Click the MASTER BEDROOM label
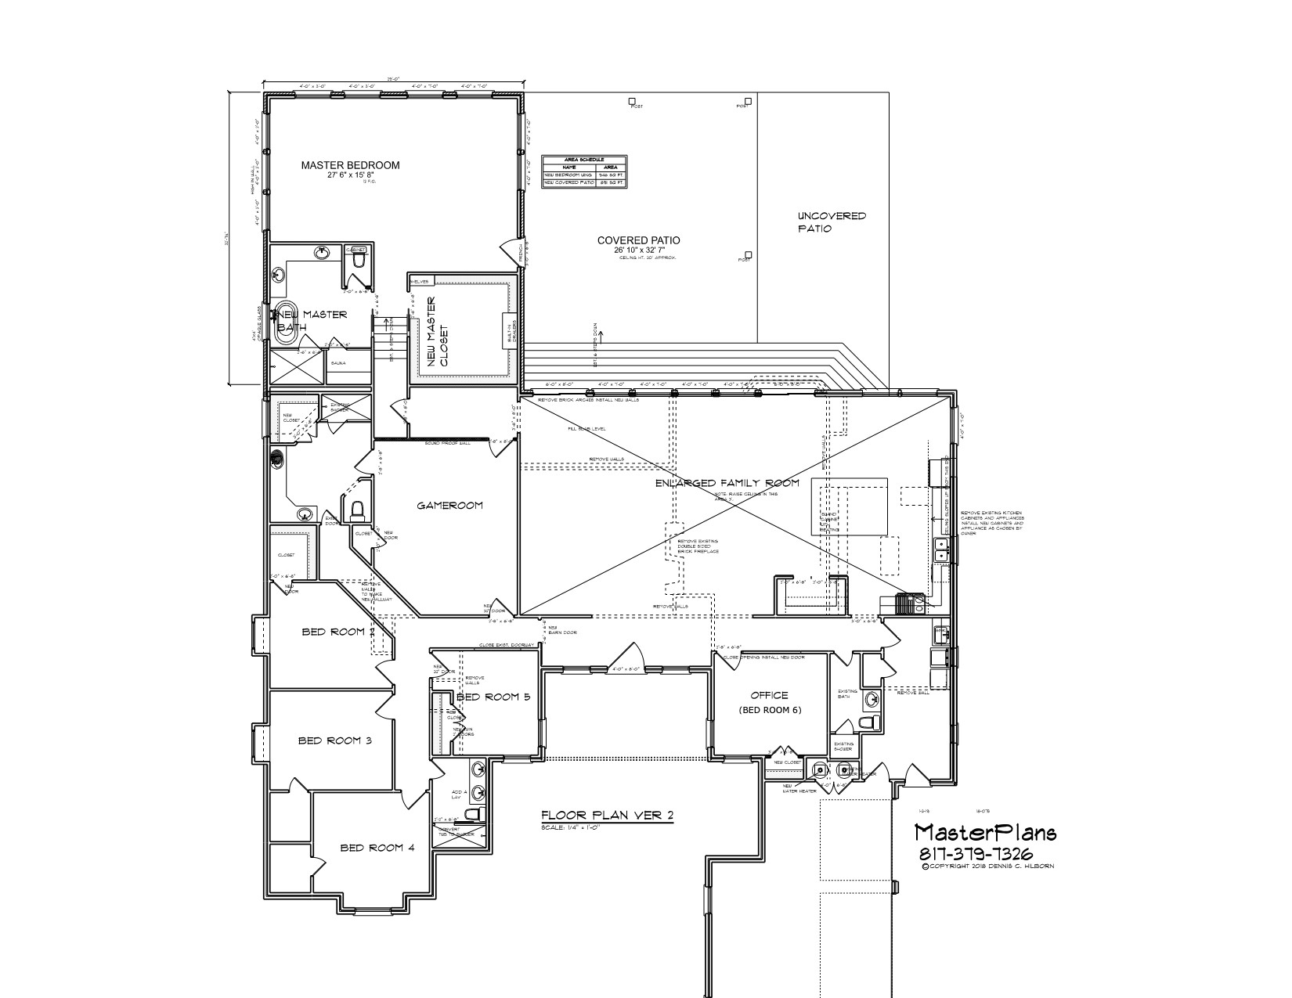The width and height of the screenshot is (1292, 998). [x=350, y=165]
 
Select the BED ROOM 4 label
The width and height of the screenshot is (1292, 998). [x=372, y=848]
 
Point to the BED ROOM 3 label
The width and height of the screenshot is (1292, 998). [x=334, y=740]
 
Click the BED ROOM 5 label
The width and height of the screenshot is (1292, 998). [x=494, y=697]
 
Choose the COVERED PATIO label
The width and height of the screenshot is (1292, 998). [x=638, y=240]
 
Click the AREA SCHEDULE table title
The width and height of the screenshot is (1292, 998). [x=584, y=159]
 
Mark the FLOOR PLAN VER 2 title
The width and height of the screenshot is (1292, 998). [x=607, y=815]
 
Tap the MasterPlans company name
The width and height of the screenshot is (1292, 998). [x=985, y=832]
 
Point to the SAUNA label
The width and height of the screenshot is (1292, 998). [x=339, y=363]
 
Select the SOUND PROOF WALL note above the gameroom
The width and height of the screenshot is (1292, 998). [x=447, y=444]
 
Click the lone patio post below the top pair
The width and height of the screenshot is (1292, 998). [x=749, y=254]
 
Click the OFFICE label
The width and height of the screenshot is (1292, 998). [x=768, y=695]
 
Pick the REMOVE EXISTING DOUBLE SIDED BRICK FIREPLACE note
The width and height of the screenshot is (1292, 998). [x=698, y=546]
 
